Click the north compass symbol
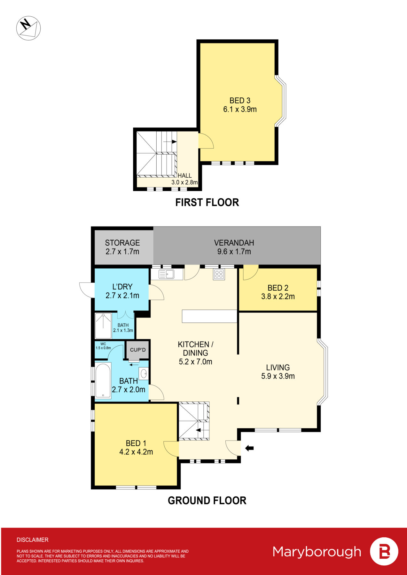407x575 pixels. click(x=28, y=28)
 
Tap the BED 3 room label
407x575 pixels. click(x=240, y=101)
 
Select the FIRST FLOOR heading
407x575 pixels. click(x=207, y=202)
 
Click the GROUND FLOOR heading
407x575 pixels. click(x=207, y=500)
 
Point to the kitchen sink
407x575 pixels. click(x=167, y=274)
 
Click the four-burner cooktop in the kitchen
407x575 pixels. click(x=219, y=274)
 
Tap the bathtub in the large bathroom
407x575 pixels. click(x=103, y=380)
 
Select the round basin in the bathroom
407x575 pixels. click(x=144, y=373)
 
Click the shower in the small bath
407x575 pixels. click(x=103, y=326)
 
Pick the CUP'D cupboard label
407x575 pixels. click(x=138, y=350)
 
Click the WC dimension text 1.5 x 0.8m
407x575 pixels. click(x=103, y=348)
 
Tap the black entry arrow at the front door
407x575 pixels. click(x=249, y=448)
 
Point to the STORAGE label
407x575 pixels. click(x=122, y=243)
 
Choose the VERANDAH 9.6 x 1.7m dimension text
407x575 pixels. click(x=234, y=252)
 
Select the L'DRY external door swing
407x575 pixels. click(x=87, y=290)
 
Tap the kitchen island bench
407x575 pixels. click(x=209, y=316)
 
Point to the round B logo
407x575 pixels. click(x=384, y=552)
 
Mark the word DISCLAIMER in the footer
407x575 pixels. click(x=33, y=540)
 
